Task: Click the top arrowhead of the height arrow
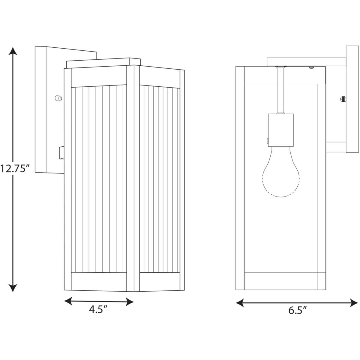pyautogui.click(x=13, y=51)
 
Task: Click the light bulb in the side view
pyautogui.click(x=281, y=172)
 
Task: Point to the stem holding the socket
pyautogui.click(x=280, y=90)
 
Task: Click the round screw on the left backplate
pyautogui.click(x=58, y=98)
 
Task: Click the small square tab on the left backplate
pyautogui.click(x=61, y=153)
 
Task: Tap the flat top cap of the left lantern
pyautogui.click(x=103, y=63)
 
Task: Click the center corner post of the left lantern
pyautogui.click(x=133, y=178)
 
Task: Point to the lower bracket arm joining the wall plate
pyautogui.click(x=336, y=147)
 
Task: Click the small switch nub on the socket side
pyautogui.click(x=268, y=140)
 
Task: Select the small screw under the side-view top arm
pyautogui.click(x=311, y=67)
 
